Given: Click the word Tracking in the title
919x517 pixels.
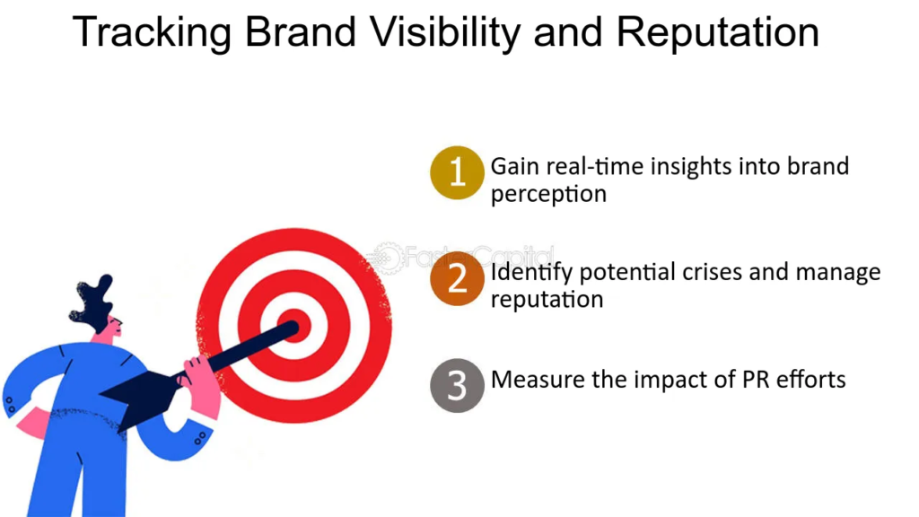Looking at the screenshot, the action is coord(152,33).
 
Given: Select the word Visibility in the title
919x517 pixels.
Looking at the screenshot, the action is coord(445,33).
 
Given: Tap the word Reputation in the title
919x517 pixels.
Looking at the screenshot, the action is coord(717,34).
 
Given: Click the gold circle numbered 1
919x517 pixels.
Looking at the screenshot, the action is coord(457,173).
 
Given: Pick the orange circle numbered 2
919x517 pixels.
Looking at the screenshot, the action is coord(457,278).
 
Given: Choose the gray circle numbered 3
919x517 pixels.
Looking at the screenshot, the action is coord(457,386).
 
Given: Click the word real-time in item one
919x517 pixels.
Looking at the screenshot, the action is coord(596,166).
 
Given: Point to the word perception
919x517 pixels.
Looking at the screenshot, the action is coord(548,195).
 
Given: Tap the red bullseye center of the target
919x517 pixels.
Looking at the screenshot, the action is coord(294,325).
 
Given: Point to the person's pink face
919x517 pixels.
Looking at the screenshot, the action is coord(110,329).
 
